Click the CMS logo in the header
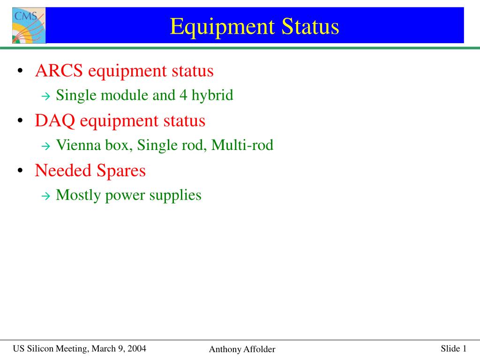click(x=29, y=25)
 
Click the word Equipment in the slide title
click(x=222, y=27)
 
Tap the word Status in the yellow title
click(x=310, y=26)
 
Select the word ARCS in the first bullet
click(x=59, y=70)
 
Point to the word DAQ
click(x=55, y=121)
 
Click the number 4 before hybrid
click(x=183, y=95)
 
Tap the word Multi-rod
click(x=242, y=145)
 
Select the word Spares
click(x=121, y=171)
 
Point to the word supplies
click(x=175, y=195)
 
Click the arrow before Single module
click(x=45, y=97)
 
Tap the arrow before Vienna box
click(x=45, y=146)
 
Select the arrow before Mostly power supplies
click(x=45, y=196)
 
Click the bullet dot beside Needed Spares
click(x=20, y=171)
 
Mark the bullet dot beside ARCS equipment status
click(x=20, y=71)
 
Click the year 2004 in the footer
click(x=137, y=348)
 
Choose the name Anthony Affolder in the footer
click(x=242, y=349)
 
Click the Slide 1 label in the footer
click(x=454, y=348)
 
